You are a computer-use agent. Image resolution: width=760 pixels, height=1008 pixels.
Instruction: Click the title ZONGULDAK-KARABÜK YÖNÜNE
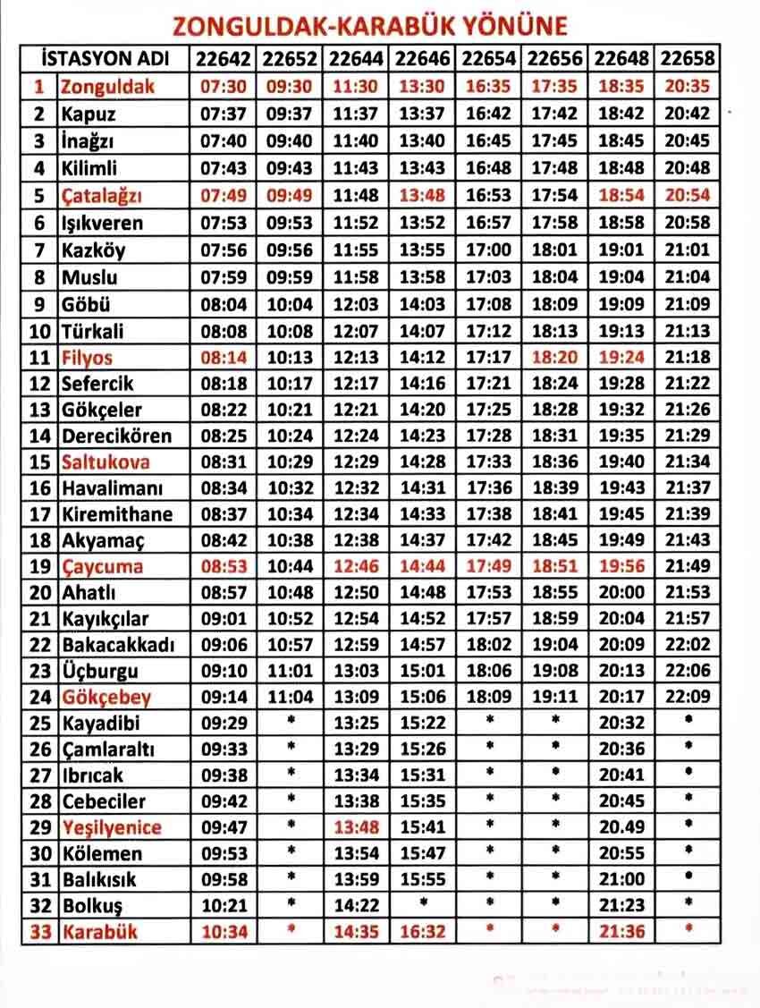(369, 24)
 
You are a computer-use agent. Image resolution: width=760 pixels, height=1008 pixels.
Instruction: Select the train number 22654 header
(488, 59)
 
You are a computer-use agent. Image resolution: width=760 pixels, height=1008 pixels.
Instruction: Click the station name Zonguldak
(107, 87)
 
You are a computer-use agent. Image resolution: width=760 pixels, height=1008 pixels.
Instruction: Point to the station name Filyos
(87, 358)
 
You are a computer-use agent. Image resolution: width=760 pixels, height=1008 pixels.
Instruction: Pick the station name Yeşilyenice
(112, 826)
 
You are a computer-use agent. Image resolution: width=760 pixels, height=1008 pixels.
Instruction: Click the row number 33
(39, 932)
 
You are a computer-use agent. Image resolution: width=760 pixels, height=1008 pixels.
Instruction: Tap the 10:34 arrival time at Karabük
(224, 932)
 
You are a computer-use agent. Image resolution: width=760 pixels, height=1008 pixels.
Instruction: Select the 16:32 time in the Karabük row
(422, 932)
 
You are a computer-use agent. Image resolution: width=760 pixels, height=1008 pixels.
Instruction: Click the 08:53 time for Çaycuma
(224, 567)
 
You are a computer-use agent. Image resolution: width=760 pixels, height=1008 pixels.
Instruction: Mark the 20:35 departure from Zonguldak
(688, 87)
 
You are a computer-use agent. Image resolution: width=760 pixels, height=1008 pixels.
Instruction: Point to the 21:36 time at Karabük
(621, 932)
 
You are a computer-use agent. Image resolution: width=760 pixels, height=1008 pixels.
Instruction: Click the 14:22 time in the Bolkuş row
(356, 905)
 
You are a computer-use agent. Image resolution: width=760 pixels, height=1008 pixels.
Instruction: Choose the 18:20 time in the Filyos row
(555, 358)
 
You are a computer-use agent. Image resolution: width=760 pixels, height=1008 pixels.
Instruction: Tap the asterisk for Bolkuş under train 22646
(422, 903)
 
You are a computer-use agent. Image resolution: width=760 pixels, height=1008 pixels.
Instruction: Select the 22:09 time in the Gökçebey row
(688, 698)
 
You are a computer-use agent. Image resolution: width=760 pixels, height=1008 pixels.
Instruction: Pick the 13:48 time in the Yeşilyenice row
(356, 826)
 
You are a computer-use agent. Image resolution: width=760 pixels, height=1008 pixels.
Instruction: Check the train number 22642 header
(224, 59)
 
